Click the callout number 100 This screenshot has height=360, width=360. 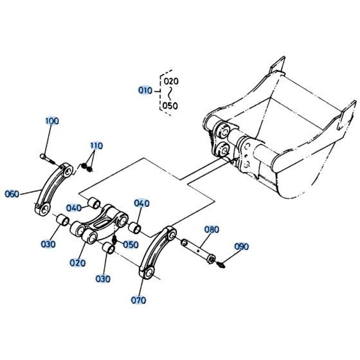pos(51,121)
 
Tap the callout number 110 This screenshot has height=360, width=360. pos(96,145)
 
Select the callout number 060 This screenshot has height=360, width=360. pos(12,194)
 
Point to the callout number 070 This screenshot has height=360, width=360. pos(138,300)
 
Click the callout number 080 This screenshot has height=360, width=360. pos(212,230)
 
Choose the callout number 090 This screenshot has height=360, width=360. pos(241,246)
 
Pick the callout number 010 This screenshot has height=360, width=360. pos(145,91)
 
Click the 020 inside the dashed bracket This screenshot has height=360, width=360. pos(170,82)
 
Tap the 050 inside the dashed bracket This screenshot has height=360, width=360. pos(170,105)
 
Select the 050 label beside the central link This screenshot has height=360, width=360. pos(130,244)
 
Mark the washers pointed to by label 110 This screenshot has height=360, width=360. pos(86,167)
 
